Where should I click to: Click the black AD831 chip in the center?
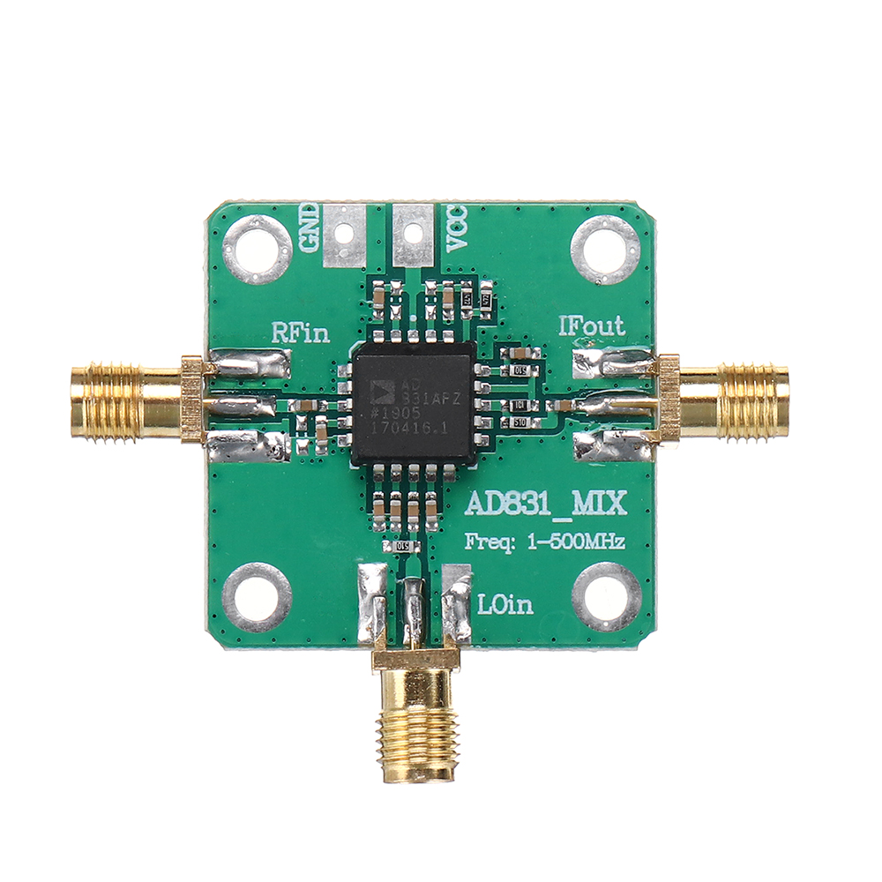413,405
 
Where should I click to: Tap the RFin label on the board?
300,333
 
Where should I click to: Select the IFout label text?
592,326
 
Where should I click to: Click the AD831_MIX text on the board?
545,504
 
